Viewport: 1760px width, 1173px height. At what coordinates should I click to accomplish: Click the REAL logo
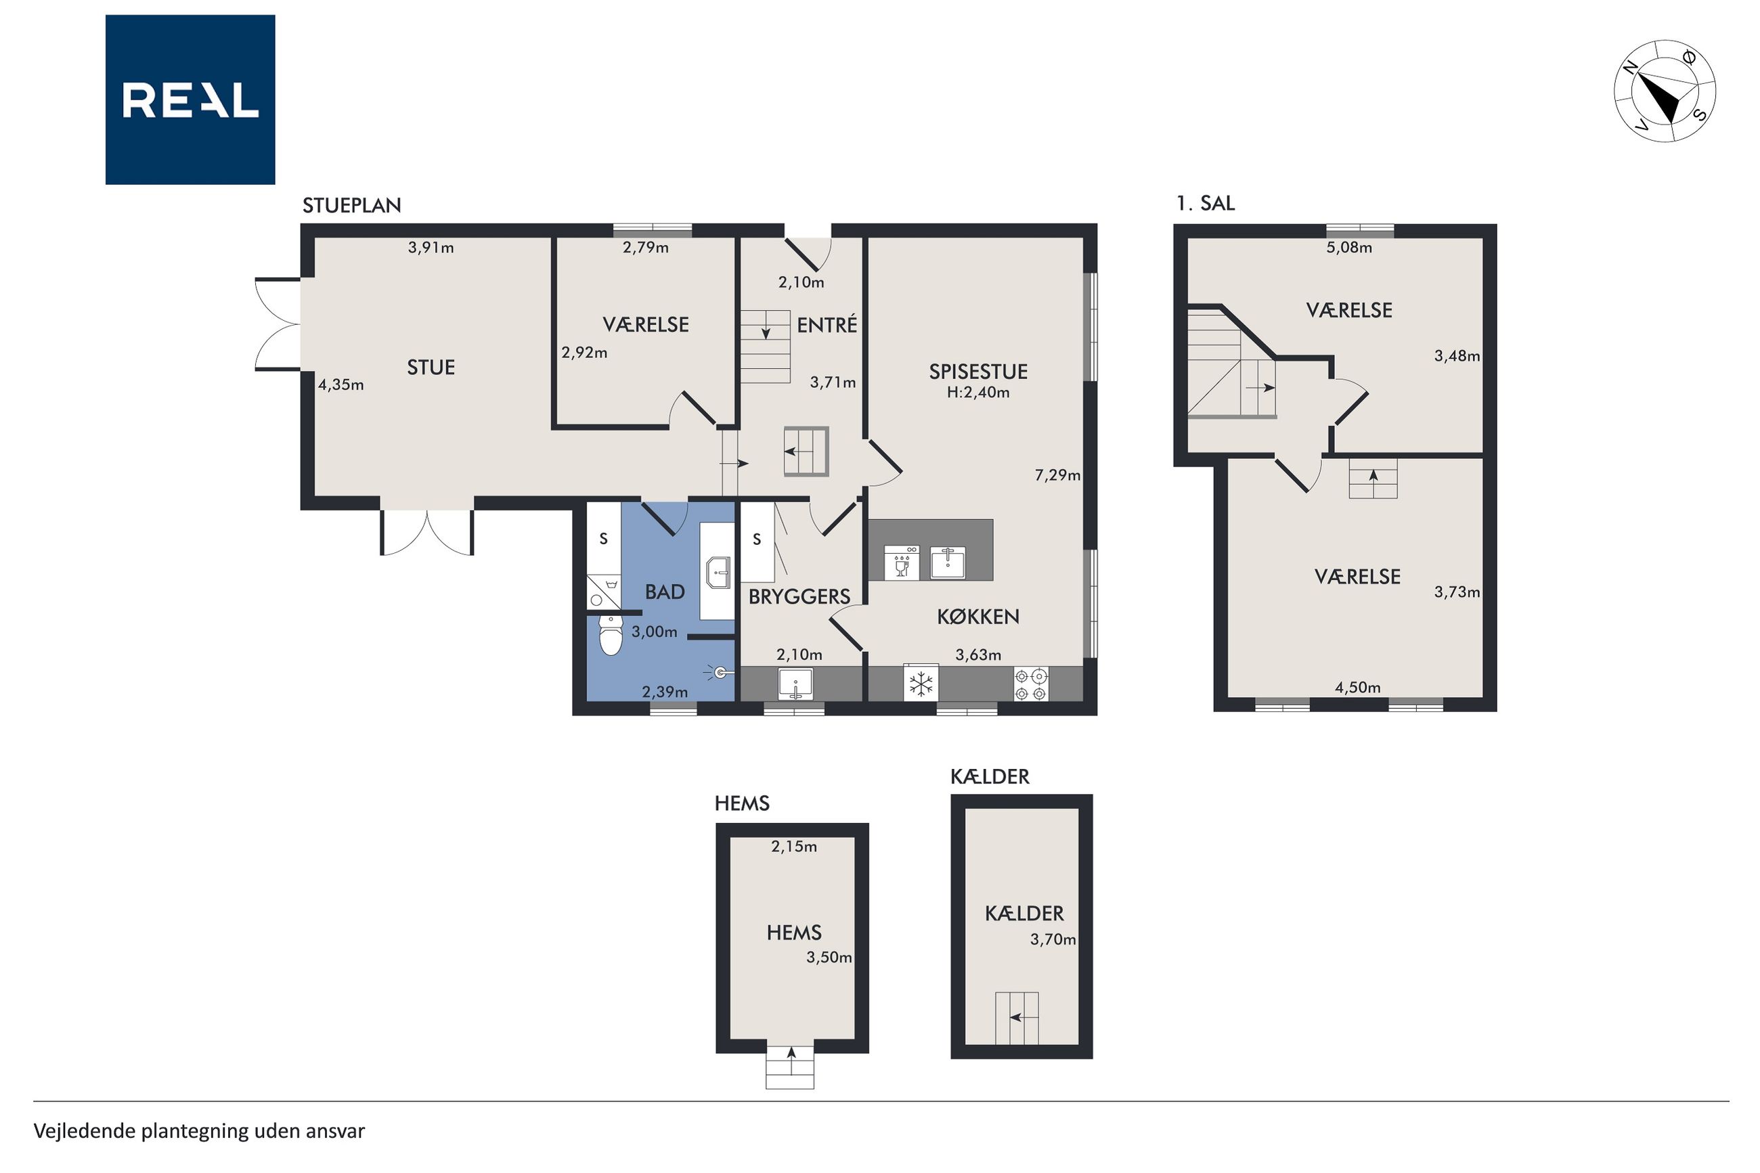click(x=190, y=99)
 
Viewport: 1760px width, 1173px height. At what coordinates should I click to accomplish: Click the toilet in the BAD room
click(x=611, y=635)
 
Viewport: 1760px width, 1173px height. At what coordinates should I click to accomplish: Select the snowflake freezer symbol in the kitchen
click(x=921, y=683)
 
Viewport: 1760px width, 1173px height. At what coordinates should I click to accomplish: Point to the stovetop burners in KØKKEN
click(x=1031, y=684)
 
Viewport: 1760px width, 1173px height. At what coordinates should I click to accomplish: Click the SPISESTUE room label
click(x=977, y=371)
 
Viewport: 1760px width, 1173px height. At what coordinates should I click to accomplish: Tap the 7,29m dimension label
click(x=1057, y=475)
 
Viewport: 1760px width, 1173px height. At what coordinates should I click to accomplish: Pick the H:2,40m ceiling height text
click(x=977, y=393)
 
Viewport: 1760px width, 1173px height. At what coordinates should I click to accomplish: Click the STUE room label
click(x=431, y=368)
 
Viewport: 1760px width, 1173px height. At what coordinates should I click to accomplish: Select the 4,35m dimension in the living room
click(x=341, y=384)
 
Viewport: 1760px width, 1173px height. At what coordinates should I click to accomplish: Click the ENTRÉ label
click(x=827, y=325)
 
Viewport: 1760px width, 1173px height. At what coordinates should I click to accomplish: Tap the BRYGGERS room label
click(x=799, y=596)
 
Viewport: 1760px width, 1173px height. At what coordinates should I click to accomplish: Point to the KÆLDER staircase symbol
click(x=1016, y=1017)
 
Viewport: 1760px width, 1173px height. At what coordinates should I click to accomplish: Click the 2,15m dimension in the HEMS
click(x=793, y=846)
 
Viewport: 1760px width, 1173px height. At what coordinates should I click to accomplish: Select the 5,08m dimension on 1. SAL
click(x=1348, y=248)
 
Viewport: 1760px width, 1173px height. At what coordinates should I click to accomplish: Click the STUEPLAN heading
click(x=351, y=206)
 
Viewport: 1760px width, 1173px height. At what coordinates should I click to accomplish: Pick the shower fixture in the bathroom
click(x=719, y=673)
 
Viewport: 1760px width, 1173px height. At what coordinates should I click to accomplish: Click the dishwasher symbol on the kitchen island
click(x=901, y=562)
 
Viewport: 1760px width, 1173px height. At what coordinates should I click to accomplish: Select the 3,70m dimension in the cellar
click(x=1053, y=939)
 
